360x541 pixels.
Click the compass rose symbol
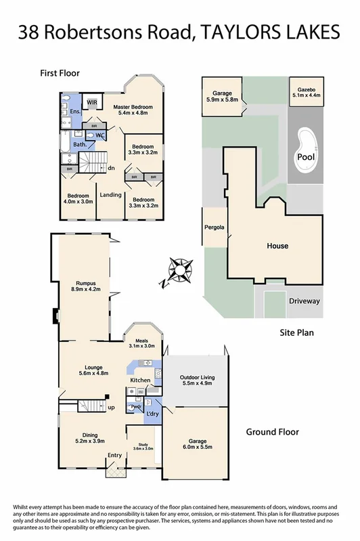click(180, 269)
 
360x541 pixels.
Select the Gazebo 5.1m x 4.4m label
click(307, 93)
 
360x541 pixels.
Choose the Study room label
click(143, 446)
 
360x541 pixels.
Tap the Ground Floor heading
click(273, 431)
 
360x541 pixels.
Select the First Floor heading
click(60, 72)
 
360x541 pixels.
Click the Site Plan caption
click(296, 333)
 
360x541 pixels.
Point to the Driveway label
click(304, 301)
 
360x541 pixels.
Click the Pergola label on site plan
click(215, 228)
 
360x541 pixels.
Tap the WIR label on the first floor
click(92, 103)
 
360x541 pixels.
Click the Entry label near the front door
click(115, 455)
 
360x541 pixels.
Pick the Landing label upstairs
click(111, 195)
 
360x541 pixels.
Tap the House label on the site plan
click(277, 246)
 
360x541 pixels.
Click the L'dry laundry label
click(152, 413)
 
